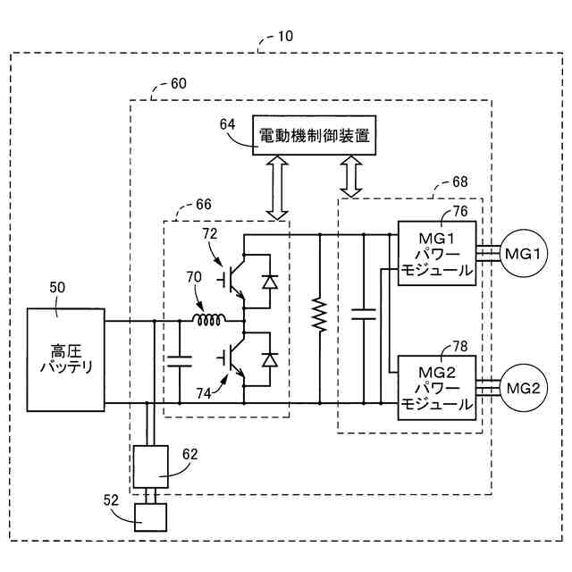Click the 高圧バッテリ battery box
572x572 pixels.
click(x=66, y=360)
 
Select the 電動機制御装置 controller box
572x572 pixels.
click(x=314, y=135)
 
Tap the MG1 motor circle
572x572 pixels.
click(x=524, y=253)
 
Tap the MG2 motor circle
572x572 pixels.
click(x=524, y=388)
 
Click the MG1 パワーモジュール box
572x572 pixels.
click(x=437, y=253)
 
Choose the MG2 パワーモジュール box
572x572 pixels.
click(x=437, y=388)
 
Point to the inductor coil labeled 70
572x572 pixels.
click(x=209, y=320)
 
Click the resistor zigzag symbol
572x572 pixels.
click(x=320, y=315)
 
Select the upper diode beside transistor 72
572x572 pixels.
click(x=270, y=282)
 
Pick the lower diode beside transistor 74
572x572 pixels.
click(x=270, y=359)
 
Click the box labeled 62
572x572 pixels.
click(x=151, y=467)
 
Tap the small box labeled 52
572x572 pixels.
click(x=150, y=517)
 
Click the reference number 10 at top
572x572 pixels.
click(x=285, y=36)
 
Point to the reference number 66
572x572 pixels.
click(x=204, y=205)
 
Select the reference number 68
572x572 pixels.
click(x=459, y=181)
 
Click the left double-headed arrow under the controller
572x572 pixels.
click(x=277, y=188)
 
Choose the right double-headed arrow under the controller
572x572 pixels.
click(x=351, y=177)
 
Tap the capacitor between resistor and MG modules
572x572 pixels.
click(x=364, y=314)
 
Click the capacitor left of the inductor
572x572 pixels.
click(x=180, y=361)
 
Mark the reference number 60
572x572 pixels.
click(x=179, y=83)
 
